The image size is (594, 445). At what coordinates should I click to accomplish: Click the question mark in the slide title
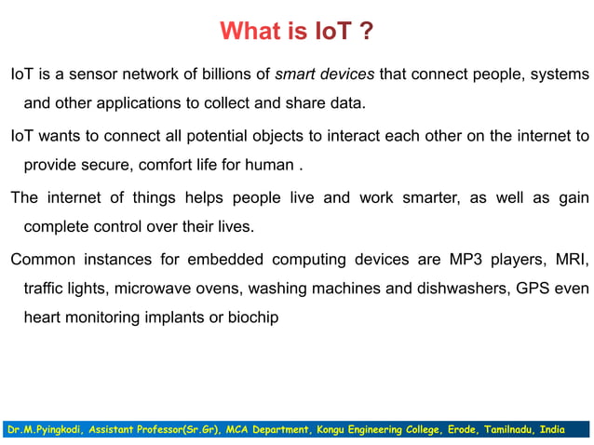click(x=366, y=32)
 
